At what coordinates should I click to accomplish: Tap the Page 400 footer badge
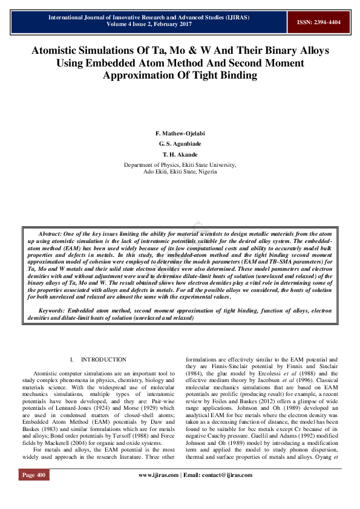point(34,491)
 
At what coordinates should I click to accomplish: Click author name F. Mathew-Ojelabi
point(180,133)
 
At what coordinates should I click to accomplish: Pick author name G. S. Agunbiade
point(180,144)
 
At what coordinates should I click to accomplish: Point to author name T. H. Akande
point(180,155)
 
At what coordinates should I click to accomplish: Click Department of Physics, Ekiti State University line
point(180,164)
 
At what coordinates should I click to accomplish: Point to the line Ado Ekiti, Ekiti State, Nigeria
point(180,172)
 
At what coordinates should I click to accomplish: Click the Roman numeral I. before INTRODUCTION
point(72,360)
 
